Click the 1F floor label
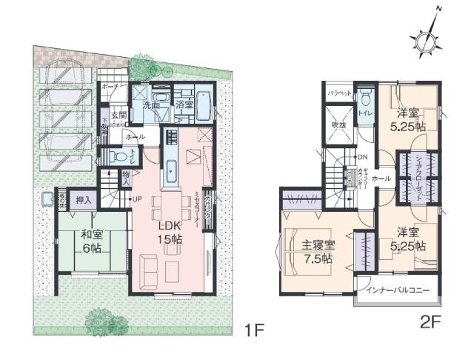pos(254,330)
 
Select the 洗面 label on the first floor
pos(151,106)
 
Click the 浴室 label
pos(184,106)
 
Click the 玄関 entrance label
pos(118,116)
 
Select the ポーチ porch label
pos(110,87)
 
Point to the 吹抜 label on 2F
pos(339,125)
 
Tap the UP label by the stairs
pos(136,199)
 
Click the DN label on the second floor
pos(362,158)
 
